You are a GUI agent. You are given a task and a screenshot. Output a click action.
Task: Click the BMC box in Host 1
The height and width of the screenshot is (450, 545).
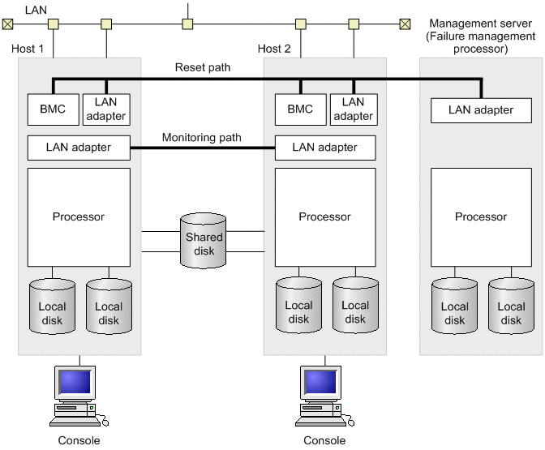coord(52,109)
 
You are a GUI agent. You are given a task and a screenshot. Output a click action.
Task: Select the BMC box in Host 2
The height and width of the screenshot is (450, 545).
coord(299,109)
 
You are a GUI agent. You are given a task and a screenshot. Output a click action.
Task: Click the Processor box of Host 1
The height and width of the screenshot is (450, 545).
coord(79,216)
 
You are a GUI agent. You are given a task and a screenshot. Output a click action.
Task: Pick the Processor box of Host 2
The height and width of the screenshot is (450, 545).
coord(325,216)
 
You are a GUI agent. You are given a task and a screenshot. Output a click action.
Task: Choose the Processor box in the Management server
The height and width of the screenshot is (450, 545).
coord(481,216)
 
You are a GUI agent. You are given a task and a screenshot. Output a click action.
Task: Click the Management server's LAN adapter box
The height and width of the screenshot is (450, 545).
coord(481,109)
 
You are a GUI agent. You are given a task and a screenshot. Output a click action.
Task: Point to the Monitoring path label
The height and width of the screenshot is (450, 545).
coord(202,138)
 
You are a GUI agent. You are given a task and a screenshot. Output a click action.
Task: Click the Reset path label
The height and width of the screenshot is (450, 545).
coord(203,67)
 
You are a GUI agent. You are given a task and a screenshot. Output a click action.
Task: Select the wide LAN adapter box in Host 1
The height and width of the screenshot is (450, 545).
coord(79,148)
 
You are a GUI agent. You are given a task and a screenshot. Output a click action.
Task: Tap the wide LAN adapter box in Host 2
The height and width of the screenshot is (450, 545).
coord(325,148)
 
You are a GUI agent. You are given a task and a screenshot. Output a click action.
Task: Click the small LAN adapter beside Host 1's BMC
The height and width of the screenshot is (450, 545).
coord(105,109)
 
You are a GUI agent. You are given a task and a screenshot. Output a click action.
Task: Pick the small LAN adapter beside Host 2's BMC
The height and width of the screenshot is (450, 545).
coord(353,109)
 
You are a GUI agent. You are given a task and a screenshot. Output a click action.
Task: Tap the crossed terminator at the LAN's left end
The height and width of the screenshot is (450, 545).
coord(7,24)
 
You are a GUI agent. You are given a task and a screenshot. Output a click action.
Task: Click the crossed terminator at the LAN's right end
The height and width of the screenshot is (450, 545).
coord(405,24)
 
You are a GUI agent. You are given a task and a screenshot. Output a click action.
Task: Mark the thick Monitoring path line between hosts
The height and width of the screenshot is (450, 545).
coord(203,148)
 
